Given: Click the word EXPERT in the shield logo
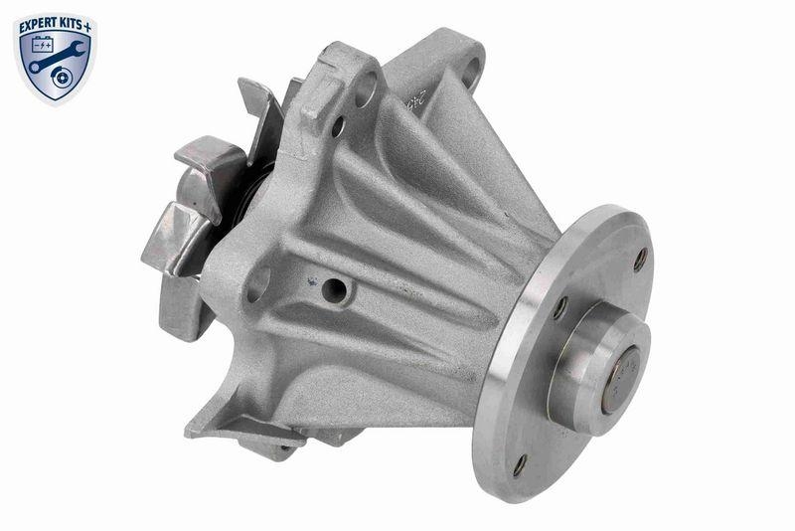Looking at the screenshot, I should point(38,22).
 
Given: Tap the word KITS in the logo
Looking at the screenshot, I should point(72,22).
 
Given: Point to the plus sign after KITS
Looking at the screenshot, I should point(91,21).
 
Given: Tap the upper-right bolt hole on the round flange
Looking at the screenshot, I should point(640,259).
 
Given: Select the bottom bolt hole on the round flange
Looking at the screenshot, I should point(519,464).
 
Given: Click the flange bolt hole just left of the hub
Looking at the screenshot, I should point(561,307).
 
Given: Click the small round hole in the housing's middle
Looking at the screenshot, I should point(336,290).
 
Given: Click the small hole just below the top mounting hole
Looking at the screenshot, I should point(338,126).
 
